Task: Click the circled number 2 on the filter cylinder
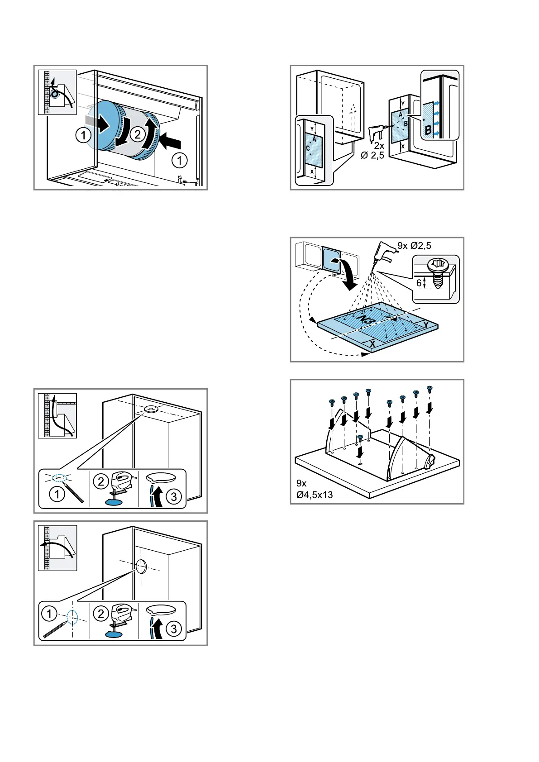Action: [x=138, y=134]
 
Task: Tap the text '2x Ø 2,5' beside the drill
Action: [x=372, y=151]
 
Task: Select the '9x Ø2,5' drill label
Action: [x=414, y=246]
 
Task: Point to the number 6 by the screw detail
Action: [x=419, y=283]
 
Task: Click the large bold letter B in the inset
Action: [x=428, y=130]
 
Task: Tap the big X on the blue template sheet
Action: [x=372, y=344]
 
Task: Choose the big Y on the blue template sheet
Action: [x=426, y=324]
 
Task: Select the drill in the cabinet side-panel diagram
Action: [x=376, y=133]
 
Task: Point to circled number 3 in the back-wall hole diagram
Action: [x=174, y=629]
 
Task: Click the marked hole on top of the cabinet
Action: [x=151, y=409]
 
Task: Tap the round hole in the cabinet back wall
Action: [x=141, y=566]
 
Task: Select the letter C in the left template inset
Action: [x=308, y=148]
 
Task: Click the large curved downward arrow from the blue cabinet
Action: [x=346, y=274]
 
